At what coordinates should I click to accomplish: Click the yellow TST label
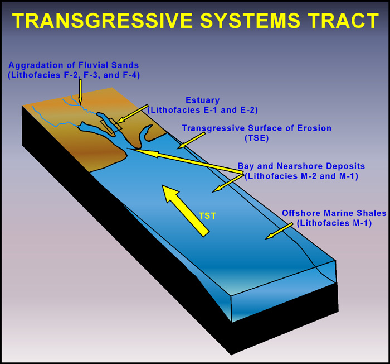208,215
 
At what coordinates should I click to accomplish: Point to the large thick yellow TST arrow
186,210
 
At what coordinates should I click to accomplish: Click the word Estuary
202,100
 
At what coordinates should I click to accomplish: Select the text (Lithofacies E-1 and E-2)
202,110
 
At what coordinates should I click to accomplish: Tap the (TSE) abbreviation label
257,138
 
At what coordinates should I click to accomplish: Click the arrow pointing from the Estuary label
132,114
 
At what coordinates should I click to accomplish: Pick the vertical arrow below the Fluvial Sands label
80,92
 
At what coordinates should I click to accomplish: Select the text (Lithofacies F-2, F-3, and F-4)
74,75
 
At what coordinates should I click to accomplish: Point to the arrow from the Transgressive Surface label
192,140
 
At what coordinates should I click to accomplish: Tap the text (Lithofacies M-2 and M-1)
301,176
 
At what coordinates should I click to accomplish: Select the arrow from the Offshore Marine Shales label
279,231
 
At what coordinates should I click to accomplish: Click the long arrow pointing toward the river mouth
186,161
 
